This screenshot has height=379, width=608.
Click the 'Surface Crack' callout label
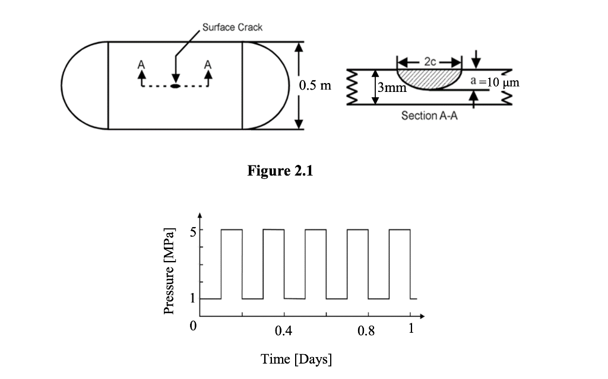click(x=232, y=27)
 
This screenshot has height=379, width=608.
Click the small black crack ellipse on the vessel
click(x=176, y=85)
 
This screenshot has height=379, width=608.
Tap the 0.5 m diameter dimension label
click(x=315, y=85)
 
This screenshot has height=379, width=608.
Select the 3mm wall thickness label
click(x=392, y=87)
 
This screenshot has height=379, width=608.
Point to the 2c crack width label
click(x=430, y=62)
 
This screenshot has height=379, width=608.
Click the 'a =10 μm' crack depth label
click(x=495, y=82)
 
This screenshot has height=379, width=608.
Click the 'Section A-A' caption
click(x=429, y=116)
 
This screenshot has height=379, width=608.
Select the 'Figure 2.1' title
click(x=280, y=170)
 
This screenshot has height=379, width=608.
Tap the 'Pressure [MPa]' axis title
click(x=169, y=271)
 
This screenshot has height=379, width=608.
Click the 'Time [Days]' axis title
click(x=296, y=359)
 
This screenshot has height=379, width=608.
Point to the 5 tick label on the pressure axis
click(x=193, y=231)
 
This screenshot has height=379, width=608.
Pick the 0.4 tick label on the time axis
click(x=283, y=330)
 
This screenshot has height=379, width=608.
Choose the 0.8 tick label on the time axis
click(x=366, y=330)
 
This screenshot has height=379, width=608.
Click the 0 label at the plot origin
click(x=193, y=326)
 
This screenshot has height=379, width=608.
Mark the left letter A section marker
click(x=141, y=64)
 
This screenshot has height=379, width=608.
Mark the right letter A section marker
click(x=208, y=64)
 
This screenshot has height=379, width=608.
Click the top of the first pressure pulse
click(x=232, y=230)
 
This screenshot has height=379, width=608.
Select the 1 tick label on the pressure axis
click(x=193, y=298)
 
